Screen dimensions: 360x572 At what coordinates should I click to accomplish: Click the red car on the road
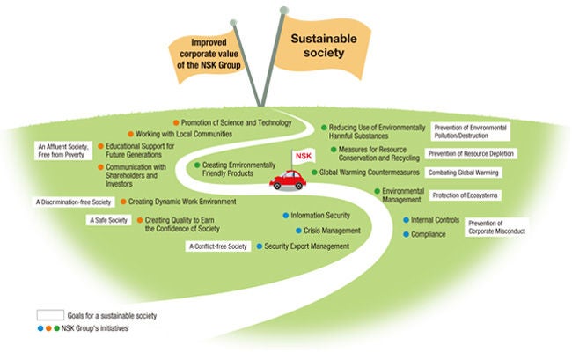[x=287, y=180]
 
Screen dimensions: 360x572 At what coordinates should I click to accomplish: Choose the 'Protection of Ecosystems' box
[x=478, y=195]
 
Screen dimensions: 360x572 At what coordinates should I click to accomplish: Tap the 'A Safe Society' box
[x=108, y=219]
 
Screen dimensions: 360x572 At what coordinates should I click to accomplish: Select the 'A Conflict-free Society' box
[x=218, y=246]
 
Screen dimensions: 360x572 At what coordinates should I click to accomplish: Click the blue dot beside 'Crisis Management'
[x=286, y=231]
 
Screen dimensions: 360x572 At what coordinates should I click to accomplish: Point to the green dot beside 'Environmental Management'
[x=376, y=190]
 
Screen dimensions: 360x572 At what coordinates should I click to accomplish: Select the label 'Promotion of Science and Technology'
[x=237, y=121]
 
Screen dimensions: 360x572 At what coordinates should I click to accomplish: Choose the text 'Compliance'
[x=429, y=234]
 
